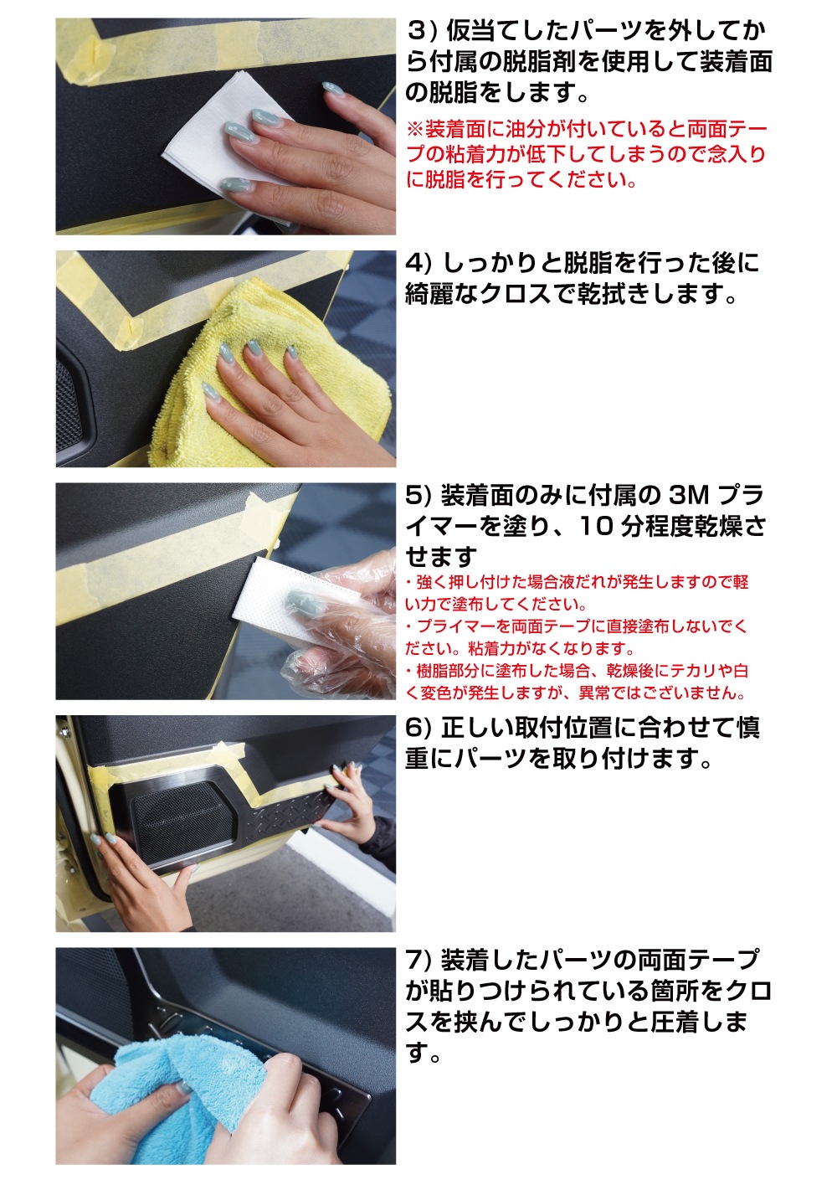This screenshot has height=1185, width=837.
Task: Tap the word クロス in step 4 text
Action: coord(516,294)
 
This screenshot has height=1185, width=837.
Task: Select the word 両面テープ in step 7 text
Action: coord(698,960)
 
